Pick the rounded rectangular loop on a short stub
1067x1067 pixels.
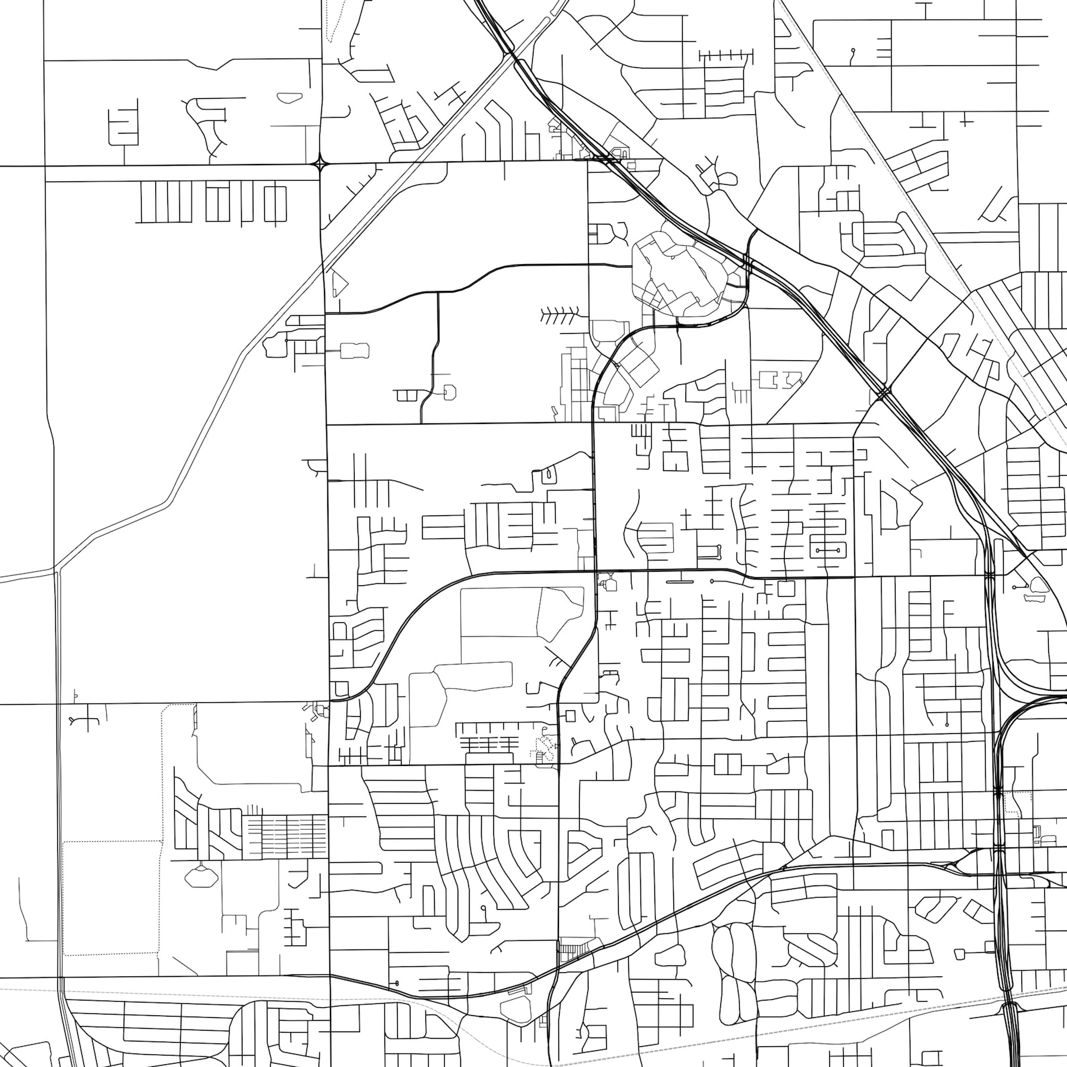[x=355, y=350]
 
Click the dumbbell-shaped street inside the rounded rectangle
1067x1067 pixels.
[x=828, y=550]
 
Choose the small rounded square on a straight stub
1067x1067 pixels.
[x=961, y=953]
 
